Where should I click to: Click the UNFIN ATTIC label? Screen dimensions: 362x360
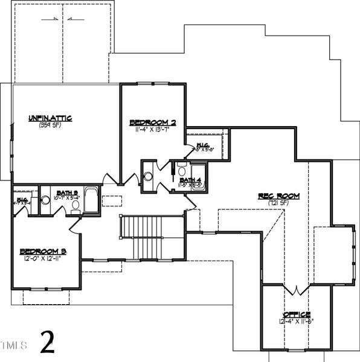click(50, 118)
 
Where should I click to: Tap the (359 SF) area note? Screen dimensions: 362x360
click(50, 125)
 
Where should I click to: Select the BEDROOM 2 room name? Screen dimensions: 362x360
click(153, 122)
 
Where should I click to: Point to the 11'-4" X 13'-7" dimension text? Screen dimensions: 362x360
click(153, 129)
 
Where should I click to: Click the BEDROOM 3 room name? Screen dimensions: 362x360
click(43, 251)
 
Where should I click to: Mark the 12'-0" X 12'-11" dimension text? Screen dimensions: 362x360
click(43, 258)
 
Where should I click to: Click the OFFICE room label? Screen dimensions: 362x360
click(297, 315)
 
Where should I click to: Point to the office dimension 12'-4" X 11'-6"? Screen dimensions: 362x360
click(297, 322)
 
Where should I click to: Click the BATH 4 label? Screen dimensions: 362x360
click(190, 180)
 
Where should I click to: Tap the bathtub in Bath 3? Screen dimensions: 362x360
click(91, 200)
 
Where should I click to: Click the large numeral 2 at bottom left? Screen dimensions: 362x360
click(48, 343)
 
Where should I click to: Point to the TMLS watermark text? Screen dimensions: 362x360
click(14, 346)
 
